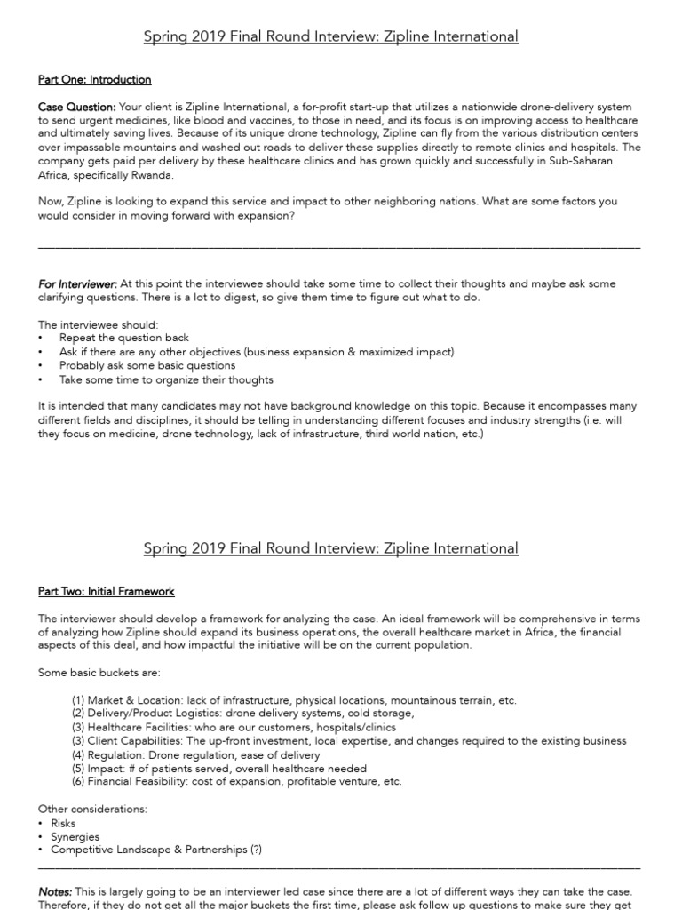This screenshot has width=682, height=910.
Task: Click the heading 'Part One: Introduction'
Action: (94, 80)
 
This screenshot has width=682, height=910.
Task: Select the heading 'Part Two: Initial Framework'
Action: (106, 591)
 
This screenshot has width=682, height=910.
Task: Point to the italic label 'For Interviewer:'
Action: (77, 284)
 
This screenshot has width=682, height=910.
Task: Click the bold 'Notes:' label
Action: (55, 891)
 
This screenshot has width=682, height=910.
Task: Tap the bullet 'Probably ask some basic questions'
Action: (147, 365)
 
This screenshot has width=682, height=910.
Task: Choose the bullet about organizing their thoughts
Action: (166, 379)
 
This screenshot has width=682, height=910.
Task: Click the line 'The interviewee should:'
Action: (99, 324)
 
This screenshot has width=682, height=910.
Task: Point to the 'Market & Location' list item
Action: (293, 700)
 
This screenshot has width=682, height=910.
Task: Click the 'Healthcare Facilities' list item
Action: (234, 727)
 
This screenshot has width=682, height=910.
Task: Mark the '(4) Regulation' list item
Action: (196, 754)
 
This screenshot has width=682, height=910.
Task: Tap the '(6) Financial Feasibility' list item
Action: (236, 782)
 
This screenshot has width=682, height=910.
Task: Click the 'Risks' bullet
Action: (63, 823)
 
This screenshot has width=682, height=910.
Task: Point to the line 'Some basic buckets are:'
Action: (99, 673)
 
